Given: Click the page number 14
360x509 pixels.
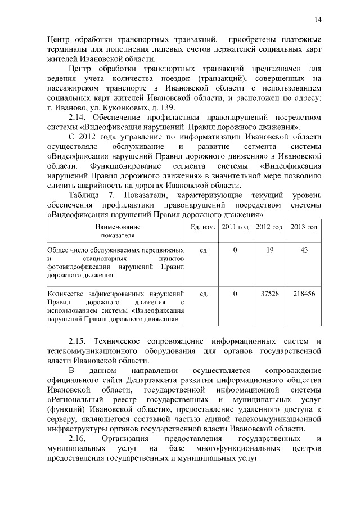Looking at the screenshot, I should [318, 20].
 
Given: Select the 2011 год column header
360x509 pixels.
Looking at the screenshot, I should [235, 227].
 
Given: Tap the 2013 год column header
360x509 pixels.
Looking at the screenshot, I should [304, 227].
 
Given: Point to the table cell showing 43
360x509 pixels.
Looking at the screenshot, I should [304, 249].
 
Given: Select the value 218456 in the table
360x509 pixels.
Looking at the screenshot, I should [304, 294].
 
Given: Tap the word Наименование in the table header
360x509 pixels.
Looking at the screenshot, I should [118, 227].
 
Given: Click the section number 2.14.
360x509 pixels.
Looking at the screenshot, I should [78, 118].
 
